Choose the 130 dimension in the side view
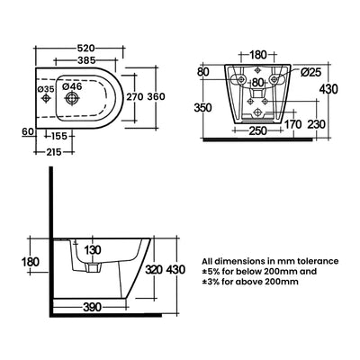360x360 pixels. coord(93,250)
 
